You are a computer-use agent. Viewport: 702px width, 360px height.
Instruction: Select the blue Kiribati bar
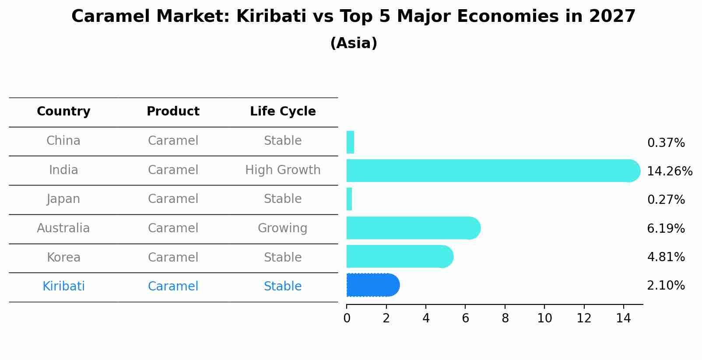(x=372, y=285)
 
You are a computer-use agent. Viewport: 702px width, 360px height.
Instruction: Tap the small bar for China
(x=350, y=142)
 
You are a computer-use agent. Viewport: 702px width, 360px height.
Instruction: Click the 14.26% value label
(x=669, y=171)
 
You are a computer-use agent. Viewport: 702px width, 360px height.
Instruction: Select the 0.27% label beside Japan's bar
(x=666, y=200)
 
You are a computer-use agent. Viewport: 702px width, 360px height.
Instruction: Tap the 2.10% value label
(x=666, y=286)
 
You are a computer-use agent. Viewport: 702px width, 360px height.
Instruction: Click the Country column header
(x=63, y=112)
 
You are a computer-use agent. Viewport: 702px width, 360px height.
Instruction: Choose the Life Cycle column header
(x=283, y=112)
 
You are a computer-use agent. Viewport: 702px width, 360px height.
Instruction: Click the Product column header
(x=173, y=112)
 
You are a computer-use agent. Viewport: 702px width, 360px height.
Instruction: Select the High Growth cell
(x=283, y=170)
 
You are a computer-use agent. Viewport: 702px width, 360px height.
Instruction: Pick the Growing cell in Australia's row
(x=283, y=228)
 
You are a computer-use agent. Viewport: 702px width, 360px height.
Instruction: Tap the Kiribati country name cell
(x=63, y=287)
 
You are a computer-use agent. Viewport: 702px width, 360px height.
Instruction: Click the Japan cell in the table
(x=63, y=199)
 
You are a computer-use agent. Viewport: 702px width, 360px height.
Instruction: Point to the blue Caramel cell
(x=173, y=287)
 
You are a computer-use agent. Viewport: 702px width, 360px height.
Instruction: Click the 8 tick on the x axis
(x=505, y=318)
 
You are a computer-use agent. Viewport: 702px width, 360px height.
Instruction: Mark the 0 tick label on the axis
(x=347, y=318)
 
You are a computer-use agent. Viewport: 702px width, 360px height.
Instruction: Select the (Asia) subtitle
(x=354, y=43)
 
